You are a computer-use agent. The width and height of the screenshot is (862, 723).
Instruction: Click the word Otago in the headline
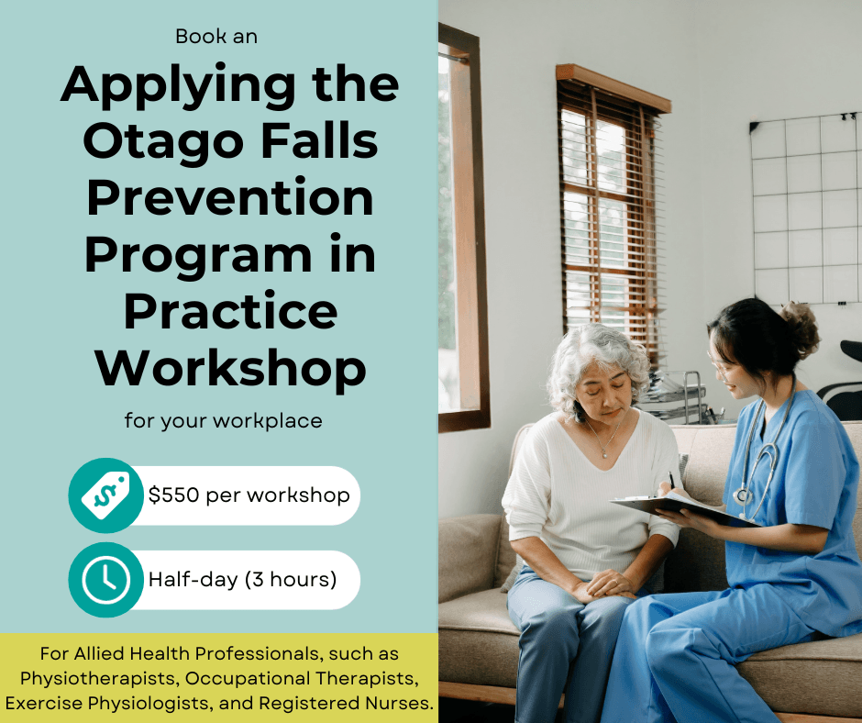[163, 142]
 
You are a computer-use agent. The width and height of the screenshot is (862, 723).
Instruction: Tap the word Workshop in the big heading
[231, 370]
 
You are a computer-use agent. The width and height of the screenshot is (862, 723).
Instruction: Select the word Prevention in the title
[230, 198]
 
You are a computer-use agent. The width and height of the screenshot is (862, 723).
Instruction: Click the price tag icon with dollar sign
[105, 495]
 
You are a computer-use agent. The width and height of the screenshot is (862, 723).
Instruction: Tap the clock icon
[105, 580]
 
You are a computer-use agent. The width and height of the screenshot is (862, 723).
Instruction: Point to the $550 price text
[173, 495]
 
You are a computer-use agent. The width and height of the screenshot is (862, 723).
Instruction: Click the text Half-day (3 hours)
[242, 580]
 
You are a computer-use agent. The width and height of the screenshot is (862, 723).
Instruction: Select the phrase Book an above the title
[216, 37]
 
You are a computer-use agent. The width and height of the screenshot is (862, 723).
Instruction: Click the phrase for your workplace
[223, 421]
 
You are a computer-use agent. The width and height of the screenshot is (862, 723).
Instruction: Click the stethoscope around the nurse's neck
[762, 451]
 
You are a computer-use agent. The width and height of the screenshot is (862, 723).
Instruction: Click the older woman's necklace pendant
[605, 454]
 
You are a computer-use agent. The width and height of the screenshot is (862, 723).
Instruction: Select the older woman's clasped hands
[604, 584]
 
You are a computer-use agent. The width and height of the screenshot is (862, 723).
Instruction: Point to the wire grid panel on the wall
[805, 209]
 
